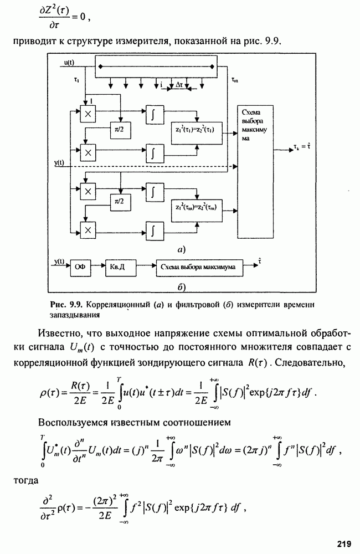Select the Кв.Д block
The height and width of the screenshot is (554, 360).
(x=118, y=267)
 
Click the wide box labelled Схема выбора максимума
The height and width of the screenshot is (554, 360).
(x=198, y=267)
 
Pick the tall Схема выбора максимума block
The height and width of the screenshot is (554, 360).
(x=256, y=172)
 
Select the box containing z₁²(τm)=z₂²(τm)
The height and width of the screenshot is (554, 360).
(x=197, y=208)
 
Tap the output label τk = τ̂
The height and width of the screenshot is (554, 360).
(x=301, y=148)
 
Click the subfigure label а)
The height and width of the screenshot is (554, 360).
(x=181, y=249)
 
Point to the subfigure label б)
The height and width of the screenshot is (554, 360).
(x=181, y=286)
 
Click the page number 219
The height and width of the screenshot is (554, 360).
(x=342, y=543)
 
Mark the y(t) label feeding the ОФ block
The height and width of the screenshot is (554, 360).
(x=60, y=261)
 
